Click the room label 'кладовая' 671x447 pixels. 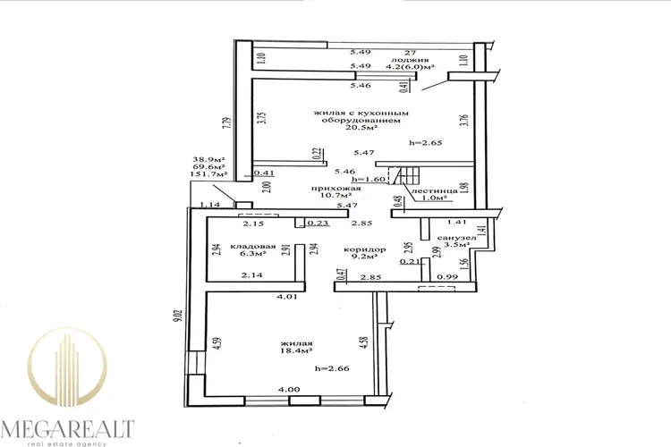coord(253,247)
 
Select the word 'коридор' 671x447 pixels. coord(365,249)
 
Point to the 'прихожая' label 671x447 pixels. coord(335,189)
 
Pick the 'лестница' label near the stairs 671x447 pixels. coord(434,190)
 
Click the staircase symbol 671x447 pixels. coord(404,175)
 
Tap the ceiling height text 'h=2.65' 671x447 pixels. coord(425,143)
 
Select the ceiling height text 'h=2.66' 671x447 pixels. coord(332,367)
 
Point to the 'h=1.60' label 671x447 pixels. coord(369,179)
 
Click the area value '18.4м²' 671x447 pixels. coord(296,350)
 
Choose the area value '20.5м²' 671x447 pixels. coord(361,128)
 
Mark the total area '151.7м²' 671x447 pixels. coord(208,174)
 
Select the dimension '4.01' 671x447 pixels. coord(286,296)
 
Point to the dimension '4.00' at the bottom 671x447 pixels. coord(289,389)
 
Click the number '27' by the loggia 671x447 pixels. coord(410,52)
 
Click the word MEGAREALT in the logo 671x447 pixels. coord(68,428)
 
